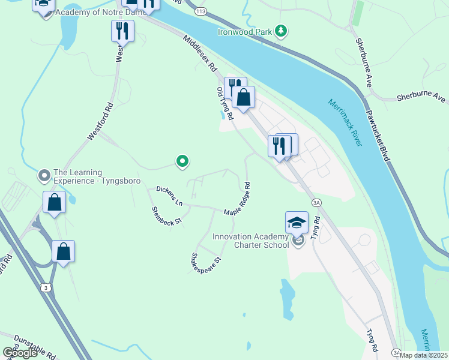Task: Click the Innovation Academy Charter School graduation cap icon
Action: pos(297,223)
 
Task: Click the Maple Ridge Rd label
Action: pos(237,200)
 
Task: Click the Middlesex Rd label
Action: pos(200,53)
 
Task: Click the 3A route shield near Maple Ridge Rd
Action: pos(316,203)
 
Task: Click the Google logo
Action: pos(20,353)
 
